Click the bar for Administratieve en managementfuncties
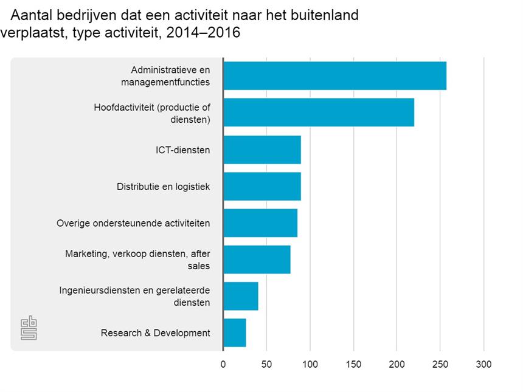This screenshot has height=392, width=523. coord(334,76)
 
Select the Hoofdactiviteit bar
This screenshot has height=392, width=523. coord(318,112)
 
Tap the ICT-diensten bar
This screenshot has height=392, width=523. coord(261,150)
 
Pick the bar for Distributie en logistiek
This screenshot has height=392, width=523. coord(261,187)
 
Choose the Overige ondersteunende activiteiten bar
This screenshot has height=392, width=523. coord(260,223)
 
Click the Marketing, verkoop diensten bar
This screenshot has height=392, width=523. coord(256,260)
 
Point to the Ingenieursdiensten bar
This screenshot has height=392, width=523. coord(240,296)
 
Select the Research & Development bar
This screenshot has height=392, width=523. coord(234,332)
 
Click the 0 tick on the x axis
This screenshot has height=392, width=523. coord(223,364)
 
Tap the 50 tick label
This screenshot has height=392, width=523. coord(266,364)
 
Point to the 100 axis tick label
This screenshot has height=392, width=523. coord(310,364)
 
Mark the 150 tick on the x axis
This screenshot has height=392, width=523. coord(353,364)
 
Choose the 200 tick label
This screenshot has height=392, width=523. coord(397,364)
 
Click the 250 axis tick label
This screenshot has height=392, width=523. coord(440,364)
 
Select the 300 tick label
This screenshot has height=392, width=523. coord(483,364)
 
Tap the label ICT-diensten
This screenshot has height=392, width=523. coord(182,150)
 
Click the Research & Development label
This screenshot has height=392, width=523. coord(156,333)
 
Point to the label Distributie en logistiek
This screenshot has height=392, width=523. coord(163,187)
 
